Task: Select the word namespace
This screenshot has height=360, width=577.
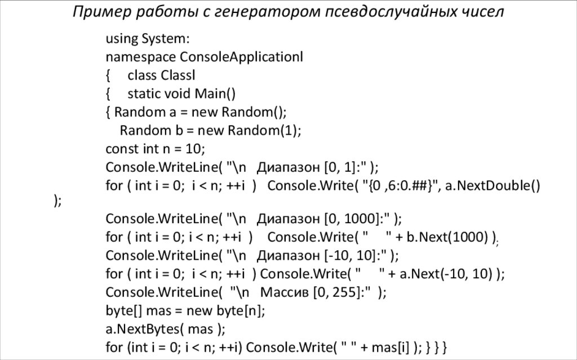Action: pos(140,57)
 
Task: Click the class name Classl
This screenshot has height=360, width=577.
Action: pos(178,75)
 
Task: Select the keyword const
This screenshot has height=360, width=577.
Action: pos(121,149)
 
